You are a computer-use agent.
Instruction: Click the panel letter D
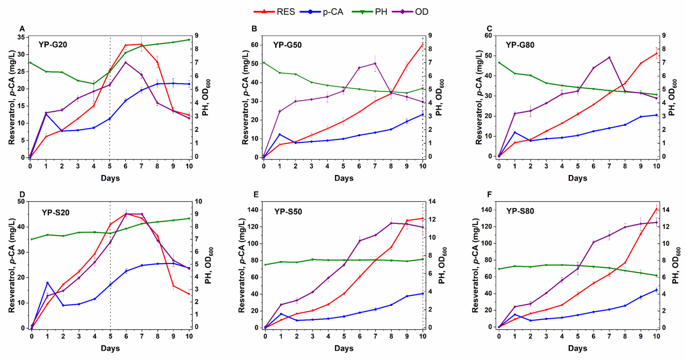22,194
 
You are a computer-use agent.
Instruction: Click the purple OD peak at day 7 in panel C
609,58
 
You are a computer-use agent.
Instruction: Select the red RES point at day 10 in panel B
422,44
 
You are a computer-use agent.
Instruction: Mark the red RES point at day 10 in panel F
657,209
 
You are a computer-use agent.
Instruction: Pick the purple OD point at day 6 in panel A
125,62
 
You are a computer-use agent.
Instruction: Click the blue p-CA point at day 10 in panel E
422,294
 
